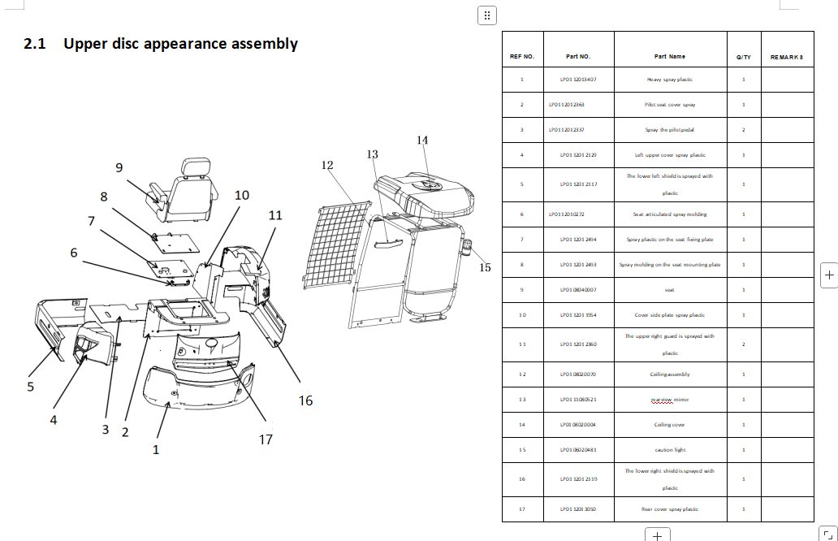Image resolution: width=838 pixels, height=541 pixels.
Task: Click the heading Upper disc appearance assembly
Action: point(161,44)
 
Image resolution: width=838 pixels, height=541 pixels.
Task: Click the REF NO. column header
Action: point(521,57)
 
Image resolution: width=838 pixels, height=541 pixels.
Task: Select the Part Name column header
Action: point(670,57)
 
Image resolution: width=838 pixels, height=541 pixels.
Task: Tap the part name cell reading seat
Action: point(670,290)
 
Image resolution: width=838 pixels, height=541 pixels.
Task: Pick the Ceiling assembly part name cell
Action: point(670,374)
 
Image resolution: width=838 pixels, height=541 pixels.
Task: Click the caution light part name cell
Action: point(670,449)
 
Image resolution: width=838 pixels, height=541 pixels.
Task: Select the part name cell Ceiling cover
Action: point(670,425)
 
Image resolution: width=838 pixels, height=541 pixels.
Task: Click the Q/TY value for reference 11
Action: point(743,344)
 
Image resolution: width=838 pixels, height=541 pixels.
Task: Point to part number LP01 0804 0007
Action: point(578,290)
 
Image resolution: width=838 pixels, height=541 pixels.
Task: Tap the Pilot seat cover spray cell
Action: point(670,105)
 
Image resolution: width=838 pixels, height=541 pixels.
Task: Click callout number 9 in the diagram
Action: point(119,167)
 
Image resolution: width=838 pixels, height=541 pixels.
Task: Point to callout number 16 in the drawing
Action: point(305,400)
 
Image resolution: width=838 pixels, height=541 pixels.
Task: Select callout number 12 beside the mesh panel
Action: point(327,165)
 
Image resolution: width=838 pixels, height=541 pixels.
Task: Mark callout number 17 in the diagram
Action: point(266,439)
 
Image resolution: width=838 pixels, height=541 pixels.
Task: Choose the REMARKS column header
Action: point(787,57)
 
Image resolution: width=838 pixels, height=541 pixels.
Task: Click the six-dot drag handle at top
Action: point(486,15)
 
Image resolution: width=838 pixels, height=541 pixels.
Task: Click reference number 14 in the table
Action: point(521,425)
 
